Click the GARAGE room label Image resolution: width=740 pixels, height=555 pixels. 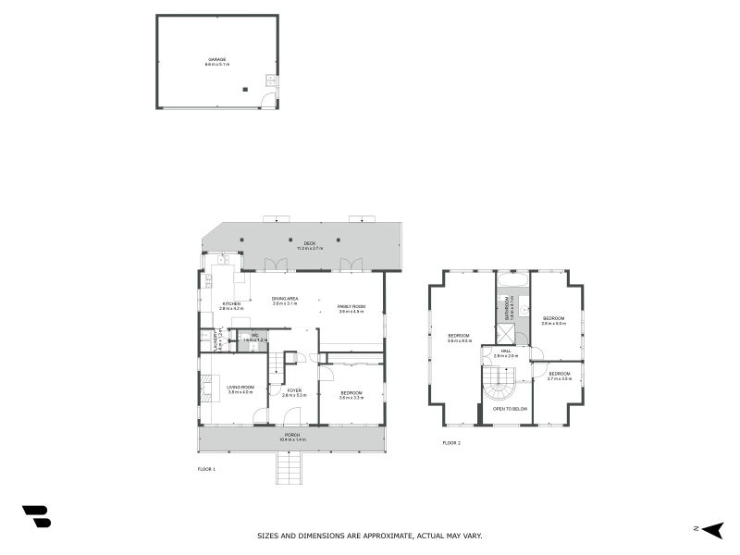click(216, 59)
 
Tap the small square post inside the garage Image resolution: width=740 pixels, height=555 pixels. click(245, 90)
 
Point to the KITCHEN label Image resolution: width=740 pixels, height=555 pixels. click(231, 303)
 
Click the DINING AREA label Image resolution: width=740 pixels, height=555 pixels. click(285, 299)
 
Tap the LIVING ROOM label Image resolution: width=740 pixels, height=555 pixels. click(240, 388)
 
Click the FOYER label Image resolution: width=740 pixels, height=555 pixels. click(294, 390)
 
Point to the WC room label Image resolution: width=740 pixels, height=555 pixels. click(254, 336)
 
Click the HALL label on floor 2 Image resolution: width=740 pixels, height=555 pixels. click(506, 351)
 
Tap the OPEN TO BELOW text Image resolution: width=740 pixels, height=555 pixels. click(510, 408)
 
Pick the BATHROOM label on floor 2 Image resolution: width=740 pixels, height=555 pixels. click(507, 307)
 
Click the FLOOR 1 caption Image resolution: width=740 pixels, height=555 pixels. click(206, 469)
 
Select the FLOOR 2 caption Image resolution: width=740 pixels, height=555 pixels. click(451, 443)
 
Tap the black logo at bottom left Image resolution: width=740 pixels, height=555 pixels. click(36, 516)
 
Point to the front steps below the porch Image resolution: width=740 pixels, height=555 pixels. click(289, 468)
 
